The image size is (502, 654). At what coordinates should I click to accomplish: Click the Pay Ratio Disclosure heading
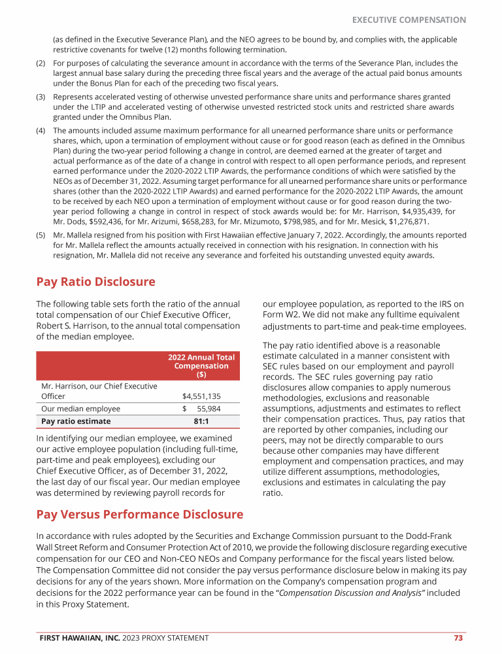coord(95,282)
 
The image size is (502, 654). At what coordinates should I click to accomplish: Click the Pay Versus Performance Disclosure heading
coord(139,515)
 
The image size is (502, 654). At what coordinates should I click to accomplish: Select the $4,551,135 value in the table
coord(201,396)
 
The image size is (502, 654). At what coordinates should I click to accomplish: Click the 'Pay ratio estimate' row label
coord(76,421)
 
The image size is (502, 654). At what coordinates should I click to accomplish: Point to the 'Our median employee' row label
coord(80,409)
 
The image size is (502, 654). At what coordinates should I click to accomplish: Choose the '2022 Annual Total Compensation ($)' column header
coord(201,366)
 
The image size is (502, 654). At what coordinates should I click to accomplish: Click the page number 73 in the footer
coord(459,638)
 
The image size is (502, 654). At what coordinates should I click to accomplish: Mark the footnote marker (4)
coord(40,131)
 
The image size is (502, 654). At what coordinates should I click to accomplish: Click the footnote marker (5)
coord(40,234)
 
